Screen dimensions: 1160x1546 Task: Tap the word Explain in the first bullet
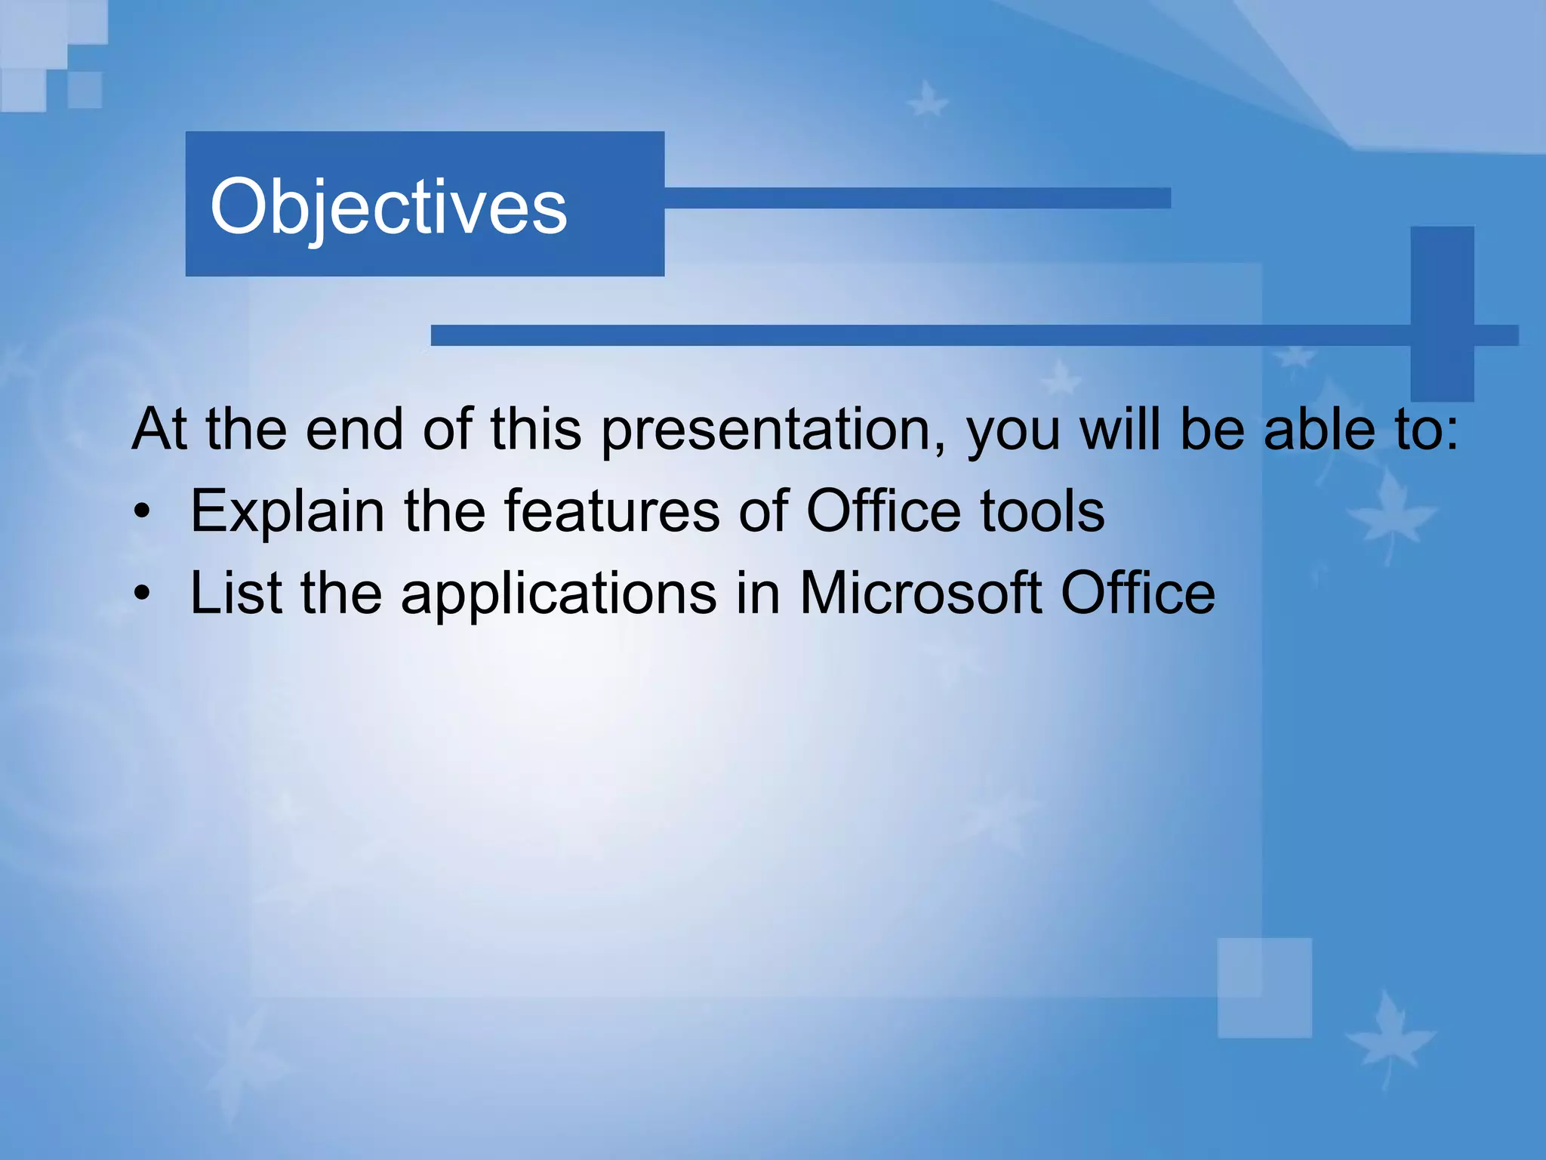(287, 512)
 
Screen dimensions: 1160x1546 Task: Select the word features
(611, 512)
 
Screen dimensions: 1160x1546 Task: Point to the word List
(236, 594)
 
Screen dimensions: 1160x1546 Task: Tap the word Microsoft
(920, 594)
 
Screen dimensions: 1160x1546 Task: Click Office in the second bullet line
(1138, 594)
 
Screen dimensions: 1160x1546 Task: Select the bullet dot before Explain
(142, 514)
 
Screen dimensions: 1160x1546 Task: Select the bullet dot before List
(142, 596)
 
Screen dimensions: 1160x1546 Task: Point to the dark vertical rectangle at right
(1442, 313)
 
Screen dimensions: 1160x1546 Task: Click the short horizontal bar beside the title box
(917, 198)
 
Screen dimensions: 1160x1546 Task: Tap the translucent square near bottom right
(1264, 988)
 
